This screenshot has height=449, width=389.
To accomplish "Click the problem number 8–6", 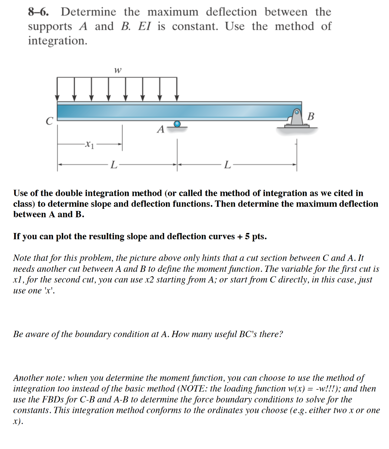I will click(x=38, y=12).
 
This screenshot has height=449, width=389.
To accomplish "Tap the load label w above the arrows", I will click(x=117, y=70).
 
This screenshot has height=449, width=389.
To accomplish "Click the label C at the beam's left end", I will click(x=49, y=121).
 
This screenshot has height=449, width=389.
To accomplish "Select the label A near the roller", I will click(x=161, y=129).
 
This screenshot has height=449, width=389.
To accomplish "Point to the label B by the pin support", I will click(x=311, y=116).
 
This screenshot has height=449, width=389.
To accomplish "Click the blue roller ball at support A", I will click(x=177, y=124).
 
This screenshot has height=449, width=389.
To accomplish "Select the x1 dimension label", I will click(x=90, y=144).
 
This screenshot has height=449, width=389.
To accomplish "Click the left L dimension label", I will click(x=114, y=164).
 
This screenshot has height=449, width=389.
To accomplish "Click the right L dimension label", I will click(x=227, y=164).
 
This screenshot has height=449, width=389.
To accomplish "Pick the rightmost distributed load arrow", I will click(x=177, y=89).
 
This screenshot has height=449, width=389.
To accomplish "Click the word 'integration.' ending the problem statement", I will click(x=58, y=41).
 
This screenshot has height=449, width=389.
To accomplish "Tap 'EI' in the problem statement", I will click(x=144, y=26).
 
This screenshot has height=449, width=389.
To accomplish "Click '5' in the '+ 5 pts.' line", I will click(x=248, y=236).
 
